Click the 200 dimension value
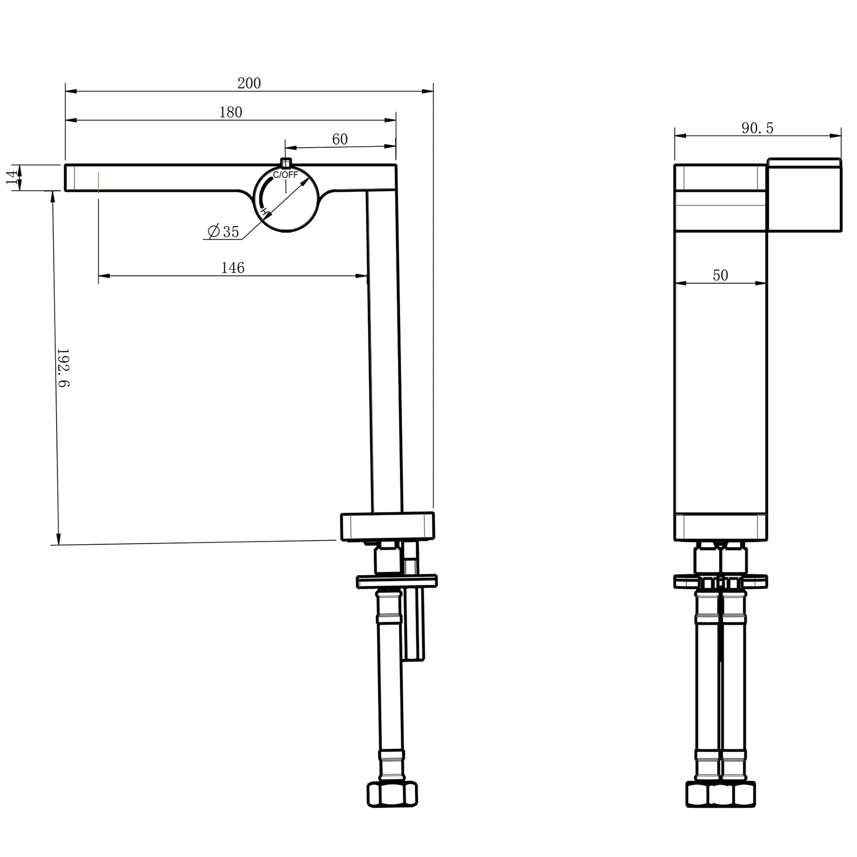(x=249, y=84)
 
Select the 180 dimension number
(x=231, y=112)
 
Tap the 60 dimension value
(x=340, y=139)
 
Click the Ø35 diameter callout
(x=224, y=231)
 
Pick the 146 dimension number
(x=232, y=268)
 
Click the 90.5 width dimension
(x=757, y=129)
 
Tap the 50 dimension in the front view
(x=720, y=275)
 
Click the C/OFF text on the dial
(x=285, y=175)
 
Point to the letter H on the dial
(x=264, y=212)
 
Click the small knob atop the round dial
(x=286, y=163)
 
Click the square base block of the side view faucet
(x=387, y=527)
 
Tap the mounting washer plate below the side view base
(x=396, y=581)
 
